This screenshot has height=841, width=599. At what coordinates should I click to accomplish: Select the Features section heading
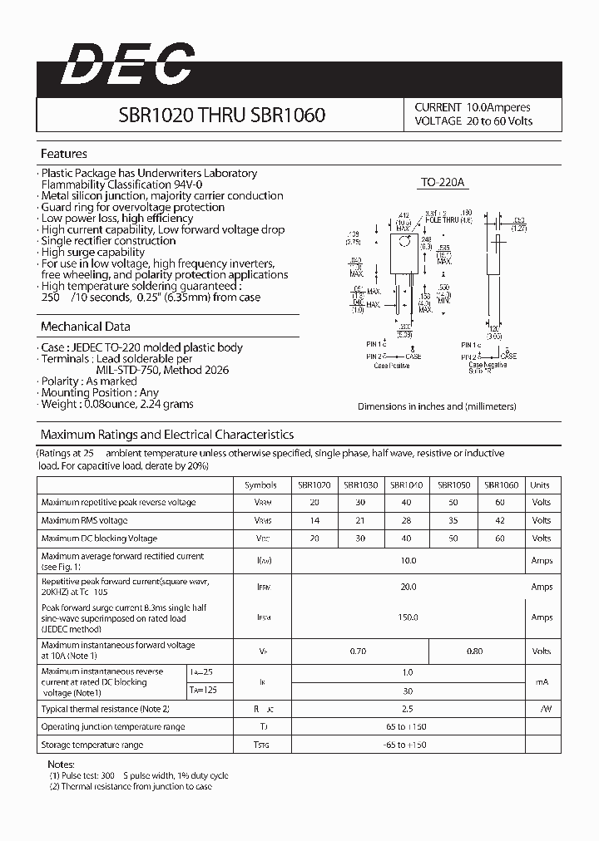(x=64, y=154)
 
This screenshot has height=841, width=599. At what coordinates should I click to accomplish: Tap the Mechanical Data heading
(x=86, y=327)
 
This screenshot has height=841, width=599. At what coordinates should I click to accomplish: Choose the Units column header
(x=541, y=484)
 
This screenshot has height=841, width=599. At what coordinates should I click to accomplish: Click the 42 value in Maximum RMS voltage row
(x=501, y=520)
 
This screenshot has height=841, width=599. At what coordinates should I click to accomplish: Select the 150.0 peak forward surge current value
(x=408, y=617)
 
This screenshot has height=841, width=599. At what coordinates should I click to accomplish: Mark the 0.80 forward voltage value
(x=474, y=651)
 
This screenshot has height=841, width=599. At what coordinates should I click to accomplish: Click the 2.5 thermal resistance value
(x=408, y=708)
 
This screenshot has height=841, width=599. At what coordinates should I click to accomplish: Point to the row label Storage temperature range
(x=92, y=745)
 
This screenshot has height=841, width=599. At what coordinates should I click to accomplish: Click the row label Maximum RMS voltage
(x=84, y=520)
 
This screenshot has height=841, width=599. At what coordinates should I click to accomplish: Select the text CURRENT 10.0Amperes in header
(x=473, y=107)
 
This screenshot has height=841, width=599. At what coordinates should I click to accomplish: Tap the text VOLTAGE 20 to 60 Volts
(x=473, y=121)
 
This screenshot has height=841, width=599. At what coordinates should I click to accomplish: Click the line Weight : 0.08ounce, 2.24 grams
(x=117, y=404)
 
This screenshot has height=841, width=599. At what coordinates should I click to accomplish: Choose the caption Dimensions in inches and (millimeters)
(x=437, y=406)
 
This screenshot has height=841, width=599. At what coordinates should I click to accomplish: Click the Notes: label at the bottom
(x=62, y=764)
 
